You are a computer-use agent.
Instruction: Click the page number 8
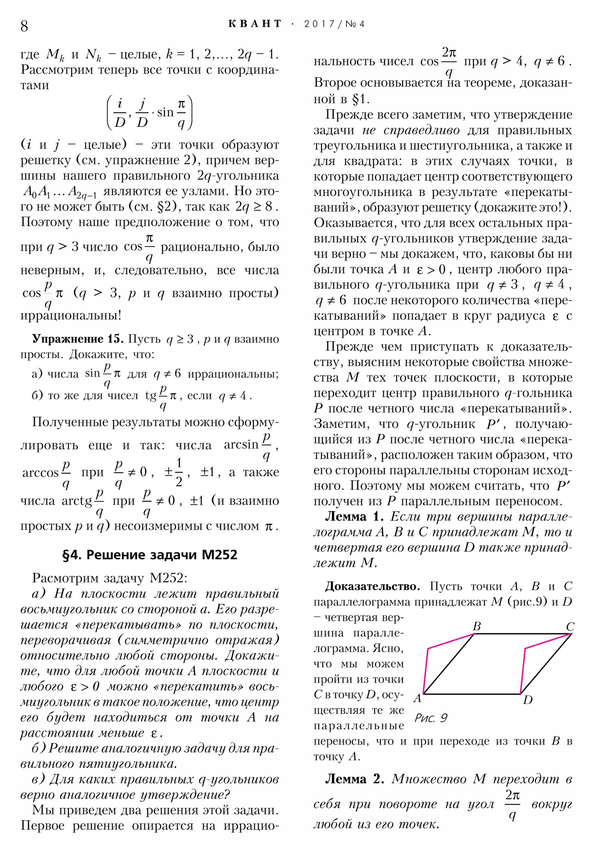[x=24, y=26]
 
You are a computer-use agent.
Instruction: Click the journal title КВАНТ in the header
[x=255, y=24]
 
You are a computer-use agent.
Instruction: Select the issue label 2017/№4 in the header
[x=334, y=24]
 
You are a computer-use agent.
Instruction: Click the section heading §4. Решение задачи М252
[x=150, y=555]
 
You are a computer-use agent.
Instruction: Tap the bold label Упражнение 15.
[x=78, y=339]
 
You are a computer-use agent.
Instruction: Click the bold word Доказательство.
[x=372, y=586]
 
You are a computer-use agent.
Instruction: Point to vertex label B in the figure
[x=477, y=626]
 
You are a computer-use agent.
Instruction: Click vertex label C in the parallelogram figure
[x=570, y=627]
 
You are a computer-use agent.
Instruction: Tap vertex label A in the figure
[x=418, y=698]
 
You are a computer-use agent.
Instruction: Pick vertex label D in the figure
[x=528, y=700]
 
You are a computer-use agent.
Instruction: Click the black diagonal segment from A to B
[x=449, y=664]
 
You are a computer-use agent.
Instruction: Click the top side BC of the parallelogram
[x=522, y=634]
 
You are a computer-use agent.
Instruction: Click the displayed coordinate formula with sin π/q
[x=150, y=113]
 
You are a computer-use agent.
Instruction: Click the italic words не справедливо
[x=411, y=131]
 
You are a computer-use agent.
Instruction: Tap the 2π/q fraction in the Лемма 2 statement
[x=513, y=804]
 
